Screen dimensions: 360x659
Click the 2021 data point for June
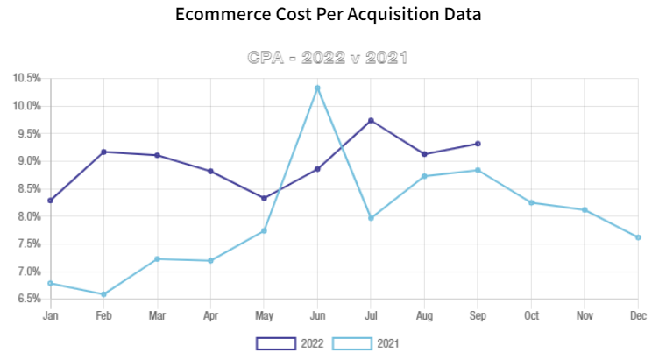tap(317, 88)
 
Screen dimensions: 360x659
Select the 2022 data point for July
tap(371, 120)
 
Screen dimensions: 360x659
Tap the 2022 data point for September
tap(478, 144)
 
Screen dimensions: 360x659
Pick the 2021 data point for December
tap(638, 237)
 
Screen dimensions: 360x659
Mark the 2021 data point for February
tap(103, 294)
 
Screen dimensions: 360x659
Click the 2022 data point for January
tap(50, 201)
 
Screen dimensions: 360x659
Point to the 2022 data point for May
tap(264, 198)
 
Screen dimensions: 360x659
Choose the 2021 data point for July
tap(371, 218)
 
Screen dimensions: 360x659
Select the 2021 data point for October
tap(531, 202)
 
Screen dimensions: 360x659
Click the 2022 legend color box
tap(275, 343)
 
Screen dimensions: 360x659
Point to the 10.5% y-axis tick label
tap(26, 79)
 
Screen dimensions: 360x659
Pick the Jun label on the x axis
tap(317, 315)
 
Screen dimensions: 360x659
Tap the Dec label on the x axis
tap(638, 315)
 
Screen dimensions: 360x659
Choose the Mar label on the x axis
tap(157, 315)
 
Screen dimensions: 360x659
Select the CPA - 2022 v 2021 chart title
tap(329, 58)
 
